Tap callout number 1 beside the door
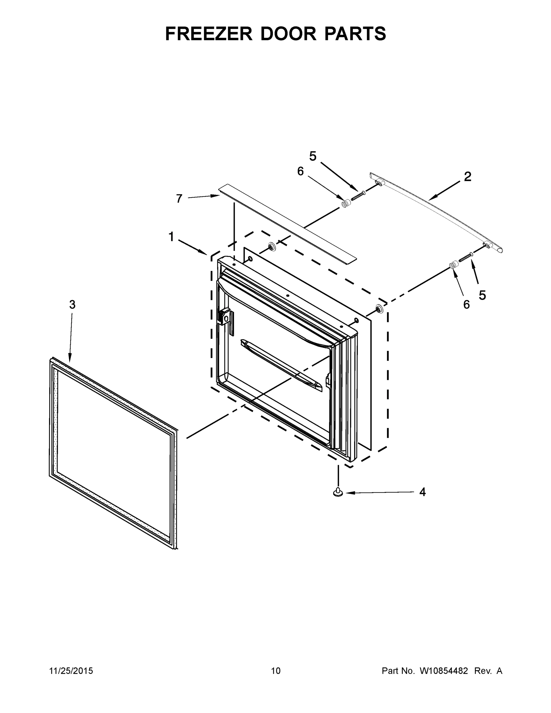coord(171,236)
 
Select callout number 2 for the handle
coord(468,177)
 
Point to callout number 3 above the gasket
coord(72,304)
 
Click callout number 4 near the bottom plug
coord(422,492)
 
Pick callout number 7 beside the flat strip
coord(179,198)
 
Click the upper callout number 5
coord(313,156)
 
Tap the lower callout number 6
coord(466,304)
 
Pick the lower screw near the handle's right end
coord(466,257)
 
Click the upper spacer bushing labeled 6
coord(345,204)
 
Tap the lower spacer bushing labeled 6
coord(453,265)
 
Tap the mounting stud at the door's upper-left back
coord(271,247)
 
